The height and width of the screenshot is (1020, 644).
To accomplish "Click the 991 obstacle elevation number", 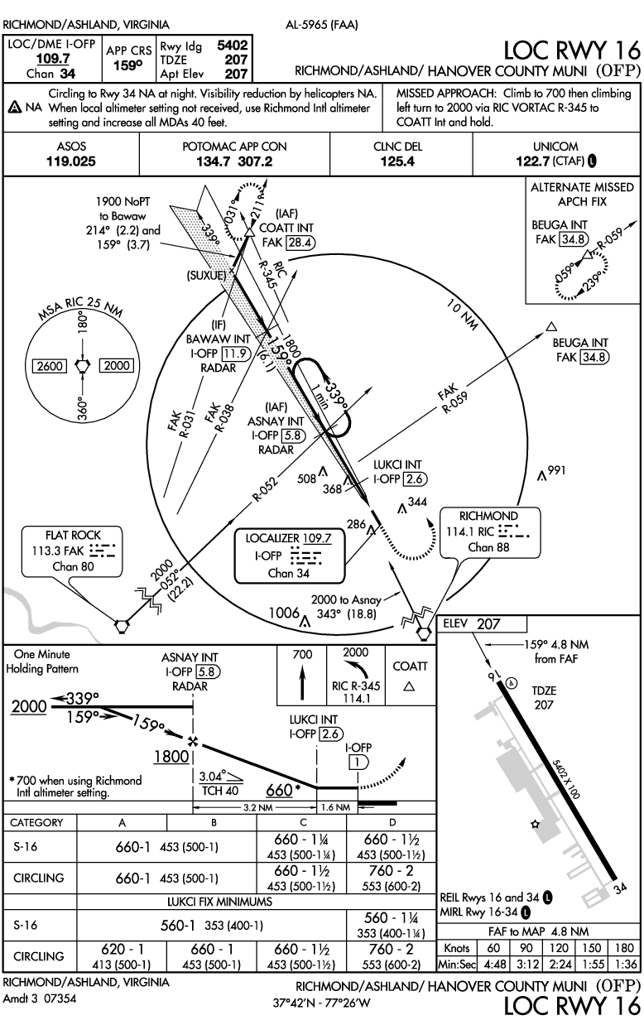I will click(555, 470).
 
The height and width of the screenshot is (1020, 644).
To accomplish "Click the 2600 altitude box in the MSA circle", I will click(45, 365).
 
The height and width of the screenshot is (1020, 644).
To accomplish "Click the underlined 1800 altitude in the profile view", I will click(171, 756).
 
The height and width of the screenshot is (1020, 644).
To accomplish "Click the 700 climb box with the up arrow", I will click(301, 676).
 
